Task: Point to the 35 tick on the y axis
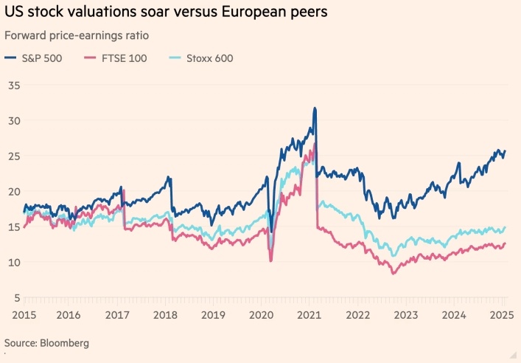[x=13, y=86]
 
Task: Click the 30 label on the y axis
[x=13, y=121]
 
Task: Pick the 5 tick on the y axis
[x=16, y=298]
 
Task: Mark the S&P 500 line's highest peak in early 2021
[x=315, y=108]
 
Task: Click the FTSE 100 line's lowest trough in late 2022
[x=393, y=274]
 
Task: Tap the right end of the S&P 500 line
[x=505, y=151]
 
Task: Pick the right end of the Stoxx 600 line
[x=505, y=227]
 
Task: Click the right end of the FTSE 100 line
[x=505, y=244]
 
